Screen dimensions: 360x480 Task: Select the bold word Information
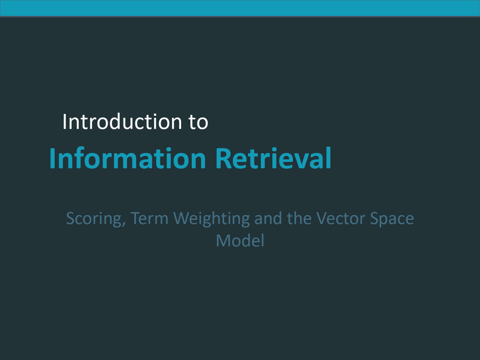click(x=127, y=158)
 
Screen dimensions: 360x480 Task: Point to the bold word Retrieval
click(x=273, y=158)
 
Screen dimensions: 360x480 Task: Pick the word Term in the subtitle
click(x=149, y=219)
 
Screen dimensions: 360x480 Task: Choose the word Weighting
click(x=211, y=219)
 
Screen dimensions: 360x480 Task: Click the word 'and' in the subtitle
click(x=268, y=219)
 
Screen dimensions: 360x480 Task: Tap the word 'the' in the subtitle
click(x=299, y=219)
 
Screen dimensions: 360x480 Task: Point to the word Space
click(x=392, y=219)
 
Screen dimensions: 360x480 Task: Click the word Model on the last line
click(x=240, y=241)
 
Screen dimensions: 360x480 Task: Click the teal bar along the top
click(x=240, y=8)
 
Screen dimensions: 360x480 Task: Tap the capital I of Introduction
click(x=64, y=122)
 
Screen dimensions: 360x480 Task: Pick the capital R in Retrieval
click(x=223, y=158)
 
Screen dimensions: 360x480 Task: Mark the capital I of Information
click(x=52, y=158)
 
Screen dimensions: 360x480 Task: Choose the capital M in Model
click(x=223, y=241)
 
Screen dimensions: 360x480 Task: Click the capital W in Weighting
click(x=181, y=219)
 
